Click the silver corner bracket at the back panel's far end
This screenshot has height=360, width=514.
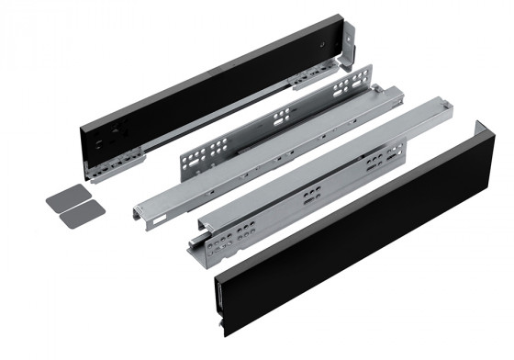click(x=347, y=56)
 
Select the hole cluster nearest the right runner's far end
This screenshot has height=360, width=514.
click(x=375, y=163)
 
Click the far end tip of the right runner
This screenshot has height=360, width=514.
click(x=447, y=109)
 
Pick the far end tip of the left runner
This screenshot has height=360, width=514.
click(x=397, y=91)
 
